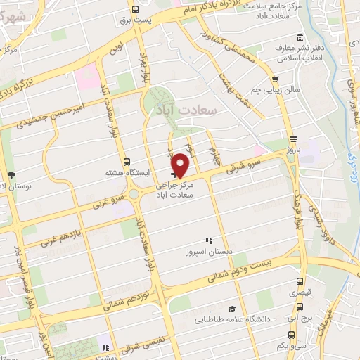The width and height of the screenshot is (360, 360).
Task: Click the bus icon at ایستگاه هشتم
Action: (127, 161)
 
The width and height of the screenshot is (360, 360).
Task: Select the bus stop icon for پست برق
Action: (134, 10)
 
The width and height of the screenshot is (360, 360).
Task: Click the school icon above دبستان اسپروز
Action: (208, 241)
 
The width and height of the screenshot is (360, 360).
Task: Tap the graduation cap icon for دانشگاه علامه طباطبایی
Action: (231, 309)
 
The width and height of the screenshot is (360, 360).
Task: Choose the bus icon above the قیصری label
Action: (300, 285)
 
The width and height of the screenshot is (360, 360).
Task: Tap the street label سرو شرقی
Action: (243, 164)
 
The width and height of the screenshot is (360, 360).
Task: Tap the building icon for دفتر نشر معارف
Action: (300, 37)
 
